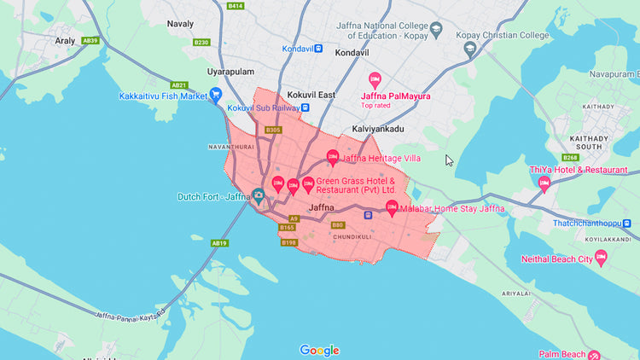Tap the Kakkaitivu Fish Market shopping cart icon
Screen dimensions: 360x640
coord(215,94)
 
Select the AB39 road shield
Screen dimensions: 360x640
coord(90,40)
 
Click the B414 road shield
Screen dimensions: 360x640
coord(236,6)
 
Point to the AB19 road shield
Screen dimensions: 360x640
coord(219,243)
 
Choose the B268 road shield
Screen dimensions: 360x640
coord(571,157)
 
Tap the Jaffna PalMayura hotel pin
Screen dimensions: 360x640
coord(374,79)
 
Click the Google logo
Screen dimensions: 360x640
coord(319,350)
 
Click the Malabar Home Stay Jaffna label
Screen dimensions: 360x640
coord(452,208)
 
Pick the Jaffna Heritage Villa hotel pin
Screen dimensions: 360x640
coord(333,157)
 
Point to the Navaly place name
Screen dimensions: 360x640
coord(180,24)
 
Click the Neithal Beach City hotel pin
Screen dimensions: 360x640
coord(601,257)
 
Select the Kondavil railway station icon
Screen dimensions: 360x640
coord(317,49)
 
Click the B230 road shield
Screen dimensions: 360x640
coord(201,42)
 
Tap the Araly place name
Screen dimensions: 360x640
coord(40,40)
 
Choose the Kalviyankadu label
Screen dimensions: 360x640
coord(377,129)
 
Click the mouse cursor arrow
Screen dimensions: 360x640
coord(449,160)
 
